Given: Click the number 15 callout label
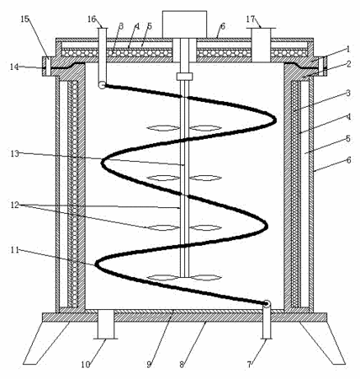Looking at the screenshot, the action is pyautogui.click(x=24, y=19).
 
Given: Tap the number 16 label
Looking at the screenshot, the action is pyautogui.click(x=92, y=19).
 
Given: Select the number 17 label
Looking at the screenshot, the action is pyautogui.click(x=251, y=19).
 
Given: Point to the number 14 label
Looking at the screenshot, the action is pyautogui.click(x=14, y=67).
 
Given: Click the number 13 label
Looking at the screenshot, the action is pyautogui.click(x=14, y=153).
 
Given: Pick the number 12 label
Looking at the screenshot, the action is pyautogui.click(x=14, y=205).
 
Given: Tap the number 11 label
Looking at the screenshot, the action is pyautogui.click(x=14, y=249).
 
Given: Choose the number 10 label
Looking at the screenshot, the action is pyautogui.click(x=86, y=365).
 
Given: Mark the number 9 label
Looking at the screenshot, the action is pyautogui.click(x=149, y=365).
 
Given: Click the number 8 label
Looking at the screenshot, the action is pyautogui.click(x=182, y=365).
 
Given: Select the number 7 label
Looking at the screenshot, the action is pyautogui.click(x=249, y=365).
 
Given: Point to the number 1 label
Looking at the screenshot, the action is pyautogui.click(x=348, y=50).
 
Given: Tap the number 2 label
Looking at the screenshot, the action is pyautogui.click(x=348, y=64).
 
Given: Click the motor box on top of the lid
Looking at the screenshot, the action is pyautogui.click(x=184, y=24).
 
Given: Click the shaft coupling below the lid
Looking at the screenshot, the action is pyautogui.click(x=184, y=77).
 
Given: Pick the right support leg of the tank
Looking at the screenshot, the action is pyautogui.click(x=322, y=343).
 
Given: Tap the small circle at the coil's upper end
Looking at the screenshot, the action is pyautogui.click(x=102, y=85).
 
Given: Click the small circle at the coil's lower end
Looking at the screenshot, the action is pyautogui.click(x=267, y=303).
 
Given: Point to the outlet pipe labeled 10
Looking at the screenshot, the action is pyautogui.click(x=106, y=324).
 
